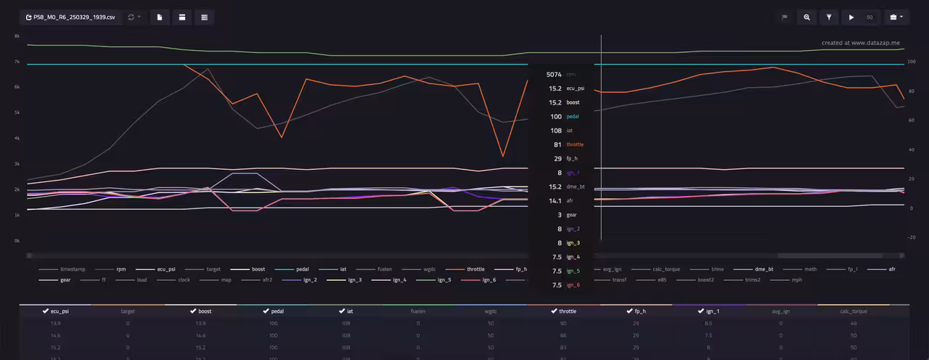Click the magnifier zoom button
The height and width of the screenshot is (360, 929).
tap(806, 17)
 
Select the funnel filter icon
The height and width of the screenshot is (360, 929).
tap(828, 17)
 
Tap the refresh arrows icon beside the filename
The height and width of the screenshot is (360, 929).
tap(131, 17)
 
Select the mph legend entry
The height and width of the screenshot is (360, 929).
tap(797, 279)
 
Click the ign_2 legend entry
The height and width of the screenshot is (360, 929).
tap(306, 279)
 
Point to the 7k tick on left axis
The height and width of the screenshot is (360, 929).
tap(17, 62)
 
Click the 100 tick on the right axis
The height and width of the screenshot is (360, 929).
tap(912, 62)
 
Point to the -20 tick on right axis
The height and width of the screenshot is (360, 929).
tap(912, 237)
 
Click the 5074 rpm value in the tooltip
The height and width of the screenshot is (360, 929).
tap(554, 74)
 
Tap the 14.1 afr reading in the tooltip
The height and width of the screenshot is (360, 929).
tap(554, 200)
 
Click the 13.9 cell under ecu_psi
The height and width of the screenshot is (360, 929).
tap(55, 323)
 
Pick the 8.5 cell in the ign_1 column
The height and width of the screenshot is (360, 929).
tap(708, 323)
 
